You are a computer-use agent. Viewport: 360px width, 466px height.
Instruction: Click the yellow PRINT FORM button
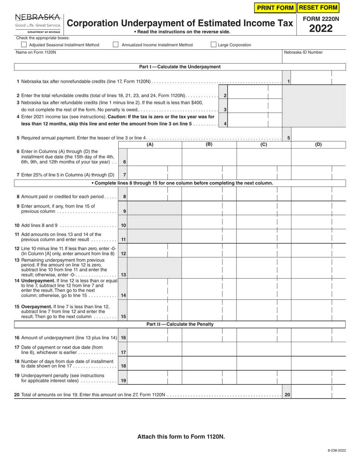(x=275, y=8)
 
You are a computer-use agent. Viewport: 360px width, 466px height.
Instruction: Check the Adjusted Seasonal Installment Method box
(x=24, y=45)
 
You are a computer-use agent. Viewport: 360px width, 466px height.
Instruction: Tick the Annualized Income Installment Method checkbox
(x=116, y=45)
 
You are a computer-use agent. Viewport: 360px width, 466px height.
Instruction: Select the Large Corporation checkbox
(x=214, y=45)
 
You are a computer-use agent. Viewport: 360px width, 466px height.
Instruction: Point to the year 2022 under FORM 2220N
(x=321, y=29)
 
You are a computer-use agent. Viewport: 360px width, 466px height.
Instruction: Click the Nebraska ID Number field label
(x=303, y=52)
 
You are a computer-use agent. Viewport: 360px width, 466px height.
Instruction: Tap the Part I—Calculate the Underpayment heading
(x=180, y=67)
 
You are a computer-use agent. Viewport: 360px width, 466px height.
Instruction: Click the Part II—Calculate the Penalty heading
(x=180, y=324)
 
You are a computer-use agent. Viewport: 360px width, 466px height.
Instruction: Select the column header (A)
(x=150, y=144)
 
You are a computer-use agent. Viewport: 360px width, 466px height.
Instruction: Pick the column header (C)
(x=264, y=144)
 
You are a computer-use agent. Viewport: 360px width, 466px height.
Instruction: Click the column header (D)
(x=318, y=144)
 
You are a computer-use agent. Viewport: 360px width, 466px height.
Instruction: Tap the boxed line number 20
(x=287, y=395)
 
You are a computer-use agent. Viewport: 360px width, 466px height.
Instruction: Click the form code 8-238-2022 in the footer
(x=337, y=450)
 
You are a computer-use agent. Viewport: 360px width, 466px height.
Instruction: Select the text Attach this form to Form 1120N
(x=181, y=436)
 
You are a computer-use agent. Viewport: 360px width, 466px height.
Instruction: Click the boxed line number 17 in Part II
(x=124, y=352)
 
